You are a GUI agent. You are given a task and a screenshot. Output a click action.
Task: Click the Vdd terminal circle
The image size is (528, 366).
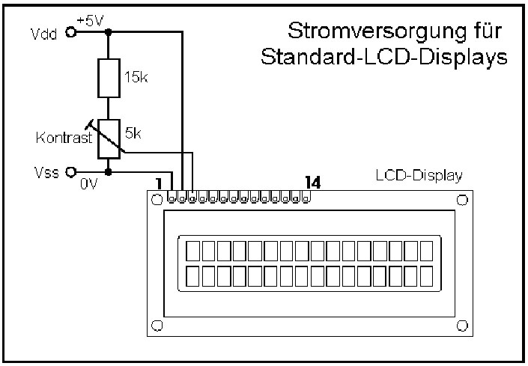pyautogui.click(x=72, y=32)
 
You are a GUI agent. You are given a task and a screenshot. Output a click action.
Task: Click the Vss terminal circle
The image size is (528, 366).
pyautogui.click(x=72, y=171)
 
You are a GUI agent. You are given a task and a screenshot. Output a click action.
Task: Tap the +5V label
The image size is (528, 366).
pyautogui.click(x=90, y=21)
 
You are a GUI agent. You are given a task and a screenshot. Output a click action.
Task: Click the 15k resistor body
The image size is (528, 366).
pyautogui.click(x=109, y=79)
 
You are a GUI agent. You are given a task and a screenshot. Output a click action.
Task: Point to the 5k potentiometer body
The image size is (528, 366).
pyautogui.click(x=109, y=138)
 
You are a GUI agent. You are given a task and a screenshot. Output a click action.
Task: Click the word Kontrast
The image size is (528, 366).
pyautogui.click(x=64, y=138)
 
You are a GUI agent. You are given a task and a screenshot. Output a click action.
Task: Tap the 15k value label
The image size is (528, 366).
pyautogui.click(x=135, y=77)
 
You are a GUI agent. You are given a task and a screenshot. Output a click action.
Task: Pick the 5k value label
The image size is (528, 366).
pyautogui.click(x=133, y=133)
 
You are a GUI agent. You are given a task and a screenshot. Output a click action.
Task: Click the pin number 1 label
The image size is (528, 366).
pyautogui.click(x=159, y=183)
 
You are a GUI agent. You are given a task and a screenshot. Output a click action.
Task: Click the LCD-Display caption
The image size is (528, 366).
pyautogui.click(x=419, y=176)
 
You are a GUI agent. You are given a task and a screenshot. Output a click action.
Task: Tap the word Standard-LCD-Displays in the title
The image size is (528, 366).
pyautogui.click(x=380, y=58)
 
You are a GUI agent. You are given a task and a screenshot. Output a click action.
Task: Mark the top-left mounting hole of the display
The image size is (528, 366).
pyautogui.click(x=157, y=200)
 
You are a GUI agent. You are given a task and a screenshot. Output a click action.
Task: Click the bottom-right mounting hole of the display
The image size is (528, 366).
pyautogui.click(x=462, y=326)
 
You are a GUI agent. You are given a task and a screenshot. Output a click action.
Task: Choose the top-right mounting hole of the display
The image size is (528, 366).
pyautogui.click(x=462, y=200)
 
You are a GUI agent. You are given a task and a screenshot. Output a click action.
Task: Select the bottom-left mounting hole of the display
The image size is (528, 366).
pyautogui.click(x=157, y=326)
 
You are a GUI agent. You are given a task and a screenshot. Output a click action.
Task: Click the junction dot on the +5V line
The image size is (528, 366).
pyautogui.click(x=109, y=32)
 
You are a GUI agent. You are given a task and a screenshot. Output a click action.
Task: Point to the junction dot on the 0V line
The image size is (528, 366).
pyautogui.click(x=109, y=171)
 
